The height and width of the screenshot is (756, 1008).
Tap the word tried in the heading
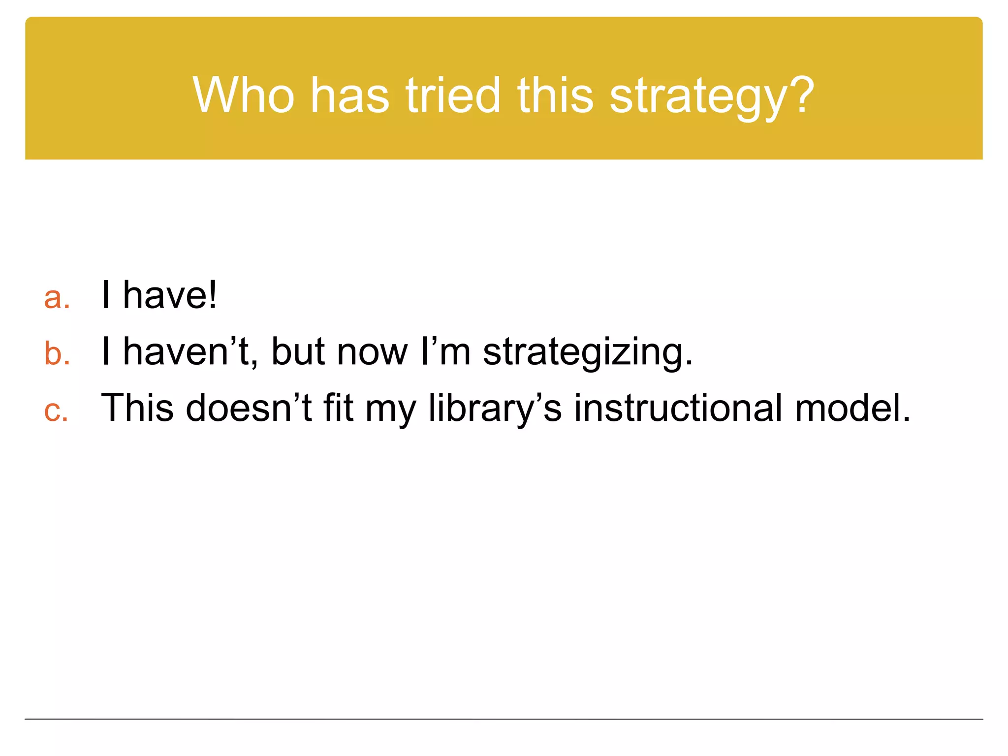coord(452,95)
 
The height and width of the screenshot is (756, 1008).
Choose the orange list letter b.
coord(55,353)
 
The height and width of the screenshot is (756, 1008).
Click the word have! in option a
coord(170,295)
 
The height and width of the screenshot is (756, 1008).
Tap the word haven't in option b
coord(189,351)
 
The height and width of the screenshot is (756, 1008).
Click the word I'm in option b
coord(446,351)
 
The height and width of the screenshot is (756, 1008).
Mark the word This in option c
coord(137,408)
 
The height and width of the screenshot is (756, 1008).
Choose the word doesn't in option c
coord(249,408)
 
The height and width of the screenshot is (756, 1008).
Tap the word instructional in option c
coord(678,408)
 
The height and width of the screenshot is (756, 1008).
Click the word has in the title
coord(349,95)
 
